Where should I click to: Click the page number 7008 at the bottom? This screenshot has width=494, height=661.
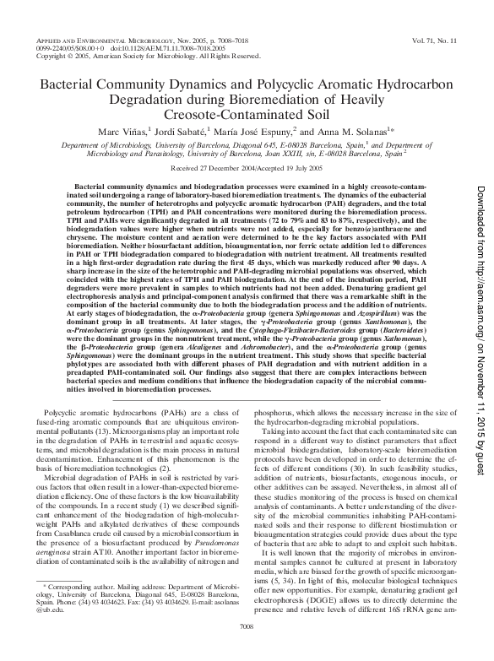pyautogui.click(x=247, y=649)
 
